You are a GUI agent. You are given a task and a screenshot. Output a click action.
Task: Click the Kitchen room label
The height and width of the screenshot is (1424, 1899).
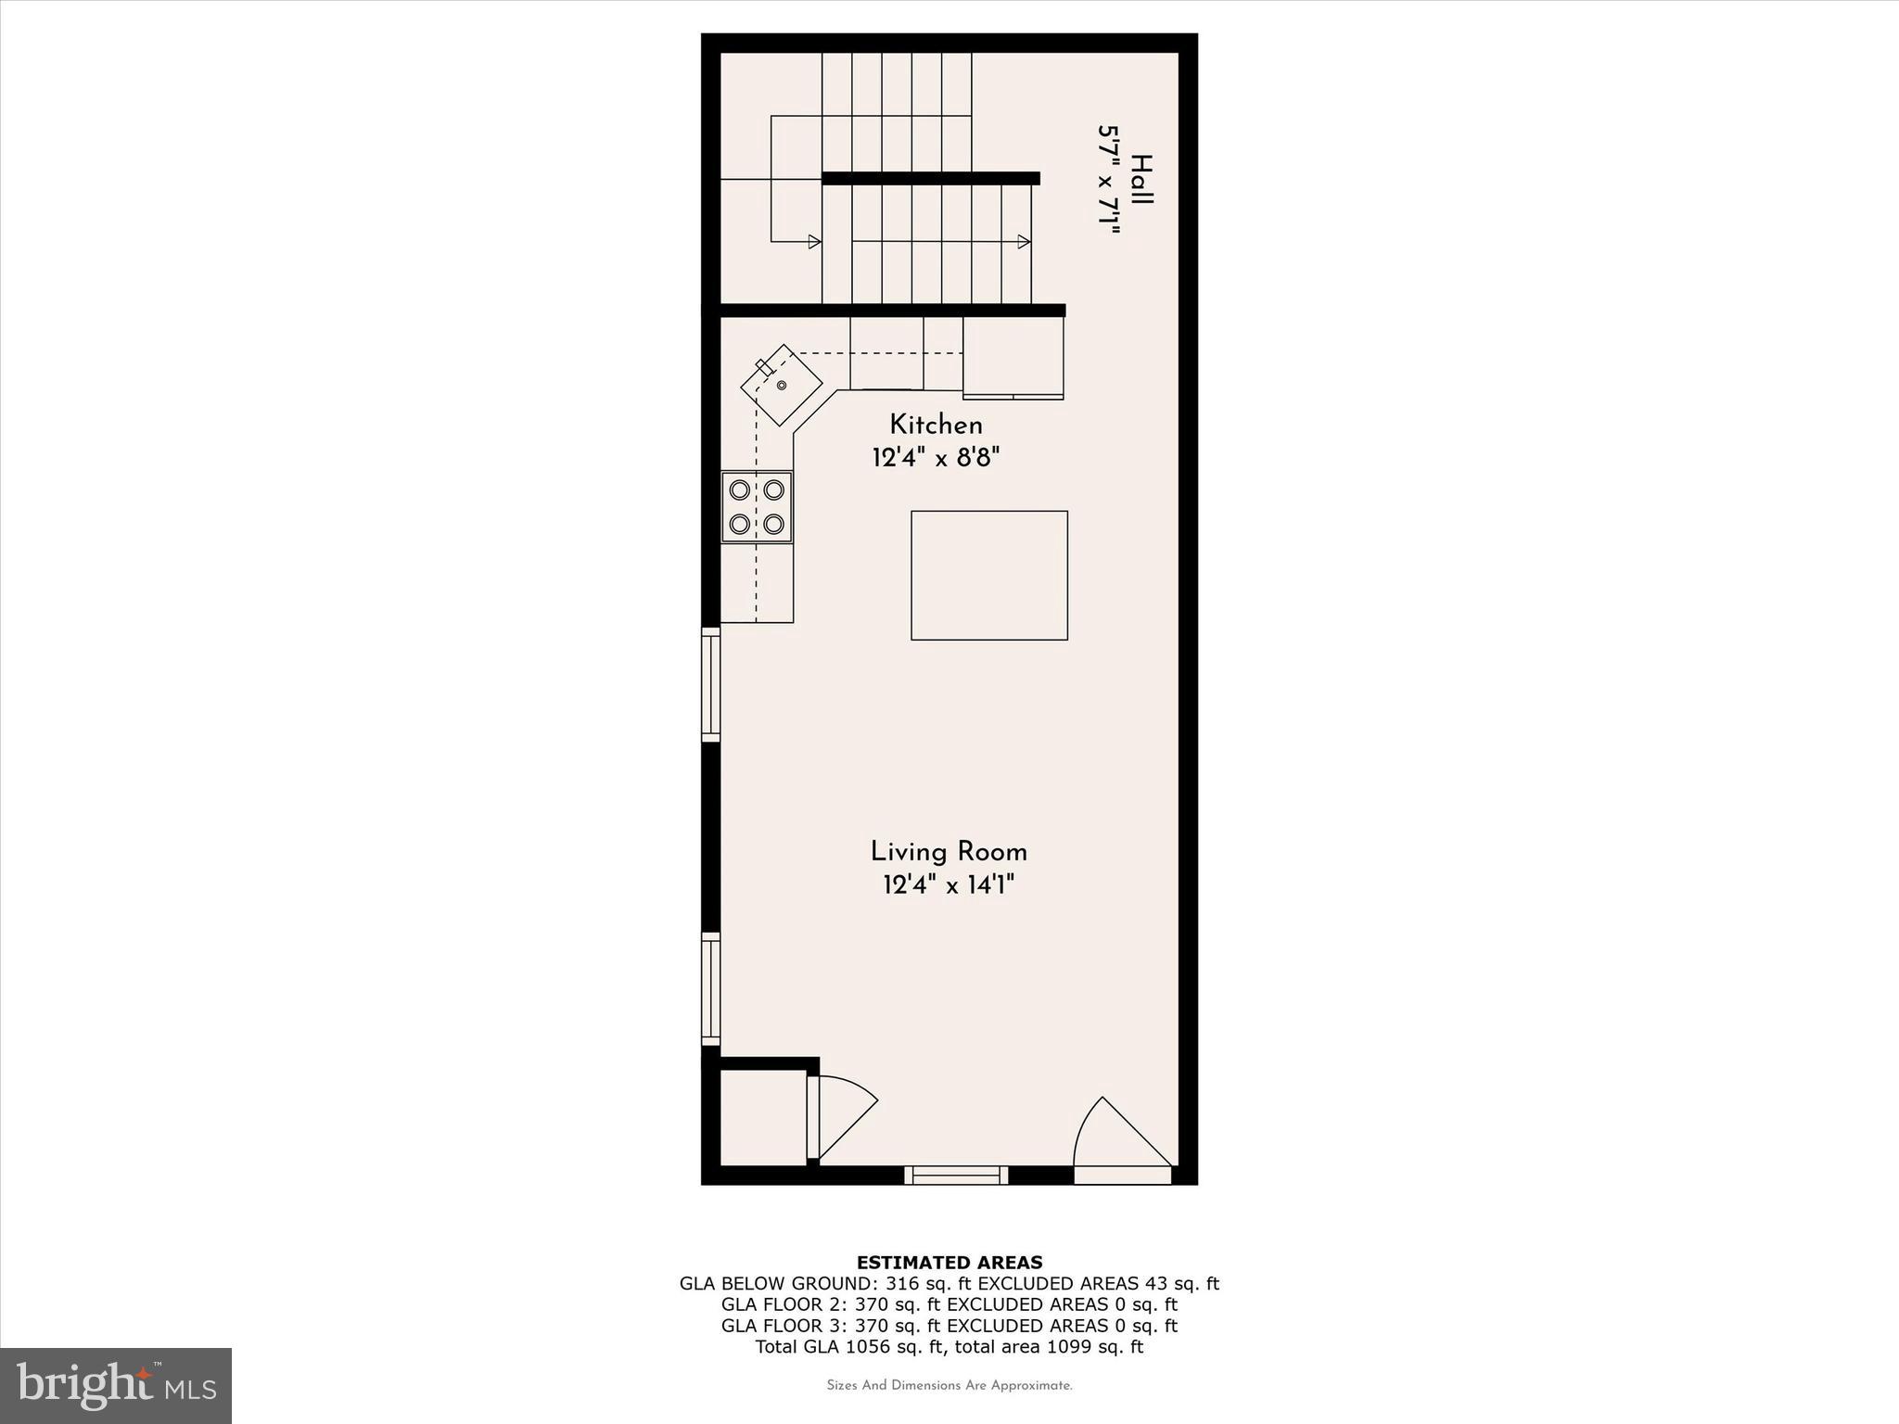click(x=936, y=426)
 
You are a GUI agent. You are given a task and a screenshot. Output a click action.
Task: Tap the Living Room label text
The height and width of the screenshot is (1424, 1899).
click(x=949, y=852)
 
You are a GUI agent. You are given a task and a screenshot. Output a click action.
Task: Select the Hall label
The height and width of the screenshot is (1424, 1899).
click(x=1142, y=180)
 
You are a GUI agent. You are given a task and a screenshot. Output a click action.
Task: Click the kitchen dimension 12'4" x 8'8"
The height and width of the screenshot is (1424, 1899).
click(x=937, y=458)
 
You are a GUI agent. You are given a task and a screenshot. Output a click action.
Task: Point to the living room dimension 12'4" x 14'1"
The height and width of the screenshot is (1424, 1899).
click(x=949, y=885)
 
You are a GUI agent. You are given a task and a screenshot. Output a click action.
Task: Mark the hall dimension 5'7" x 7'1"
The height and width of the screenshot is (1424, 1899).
click(x=1109, y=180)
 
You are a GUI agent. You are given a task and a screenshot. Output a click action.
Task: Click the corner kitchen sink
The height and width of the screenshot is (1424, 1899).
click(x=781, y=385)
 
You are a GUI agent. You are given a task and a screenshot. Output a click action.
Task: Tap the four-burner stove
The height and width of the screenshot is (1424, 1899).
click(x=757, y=507)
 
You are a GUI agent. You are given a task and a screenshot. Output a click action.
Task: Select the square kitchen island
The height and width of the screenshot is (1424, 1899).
click(x=988, y=575)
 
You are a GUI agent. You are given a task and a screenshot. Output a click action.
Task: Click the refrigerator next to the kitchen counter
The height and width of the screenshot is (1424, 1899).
click(x=1013, y=358)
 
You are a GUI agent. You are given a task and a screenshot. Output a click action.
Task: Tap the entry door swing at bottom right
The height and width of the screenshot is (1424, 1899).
click(x=1120, y=1137)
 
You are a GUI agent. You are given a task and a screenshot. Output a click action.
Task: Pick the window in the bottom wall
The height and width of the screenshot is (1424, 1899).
click(x=956, y=1175)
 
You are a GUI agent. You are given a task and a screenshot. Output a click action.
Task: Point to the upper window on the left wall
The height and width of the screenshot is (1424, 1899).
click(x=710, y=683)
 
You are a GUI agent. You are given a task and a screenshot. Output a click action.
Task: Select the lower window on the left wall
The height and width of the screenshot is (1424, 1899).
click(x=710, y=989)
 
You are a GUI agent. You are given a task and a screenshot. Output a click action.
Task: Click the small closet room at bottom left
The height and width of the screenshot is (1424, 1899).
click(x=762, y=1117)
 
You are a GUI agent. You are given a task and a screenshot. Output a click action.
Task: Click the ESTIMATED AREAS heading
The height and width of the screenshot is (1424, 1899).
click(x=949, y=1263)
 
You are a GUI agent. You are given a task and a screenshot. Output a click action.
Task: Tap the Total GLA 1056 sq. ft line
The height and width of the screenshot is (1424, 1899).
click(x=949, y=1347)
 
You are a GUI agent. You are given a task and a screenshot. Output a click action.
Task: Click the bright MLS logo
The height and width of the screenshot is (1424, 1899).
click(x=116, y=1384)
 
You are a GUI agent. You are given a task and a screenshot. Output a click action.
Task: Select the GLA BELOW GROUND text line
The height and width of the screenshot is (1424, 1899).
click(x=949, y=1284)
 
